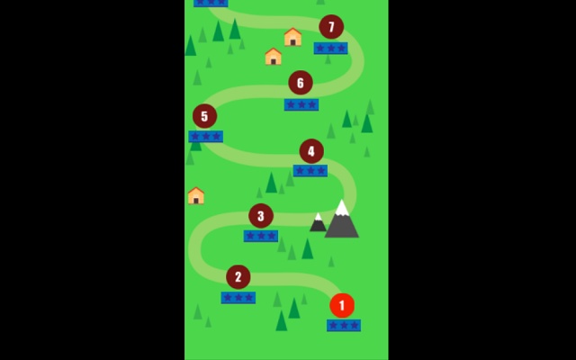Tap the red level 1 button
pyautogui.click(x=342, y=306)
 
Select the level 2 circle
pyautogui.click(x=238, y=277)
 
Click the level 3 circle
pyautogui.click(x=261, y=216)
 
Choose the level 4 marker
pyautogui.click(x=311, y=151)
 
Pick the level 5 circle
pyautogui.click(x=204, y=116)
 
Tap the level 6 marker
pyautogui.click(x=301, y=84)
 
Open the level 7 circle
pyautogui.click(x=331, y=27)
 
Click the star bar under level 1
pyautogui.click(x=344, y=325)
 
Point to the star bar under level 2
pyautogui.click(x=238, y=297)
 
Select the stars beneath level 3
pyautogui.click(x=261, y=236)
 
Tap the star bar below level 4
pyautogui.click(x=310, y=170)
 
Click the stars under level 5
pyautogui.click(x=206, y=137)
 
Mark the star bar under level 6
pyautogui.click(x=301, y=104)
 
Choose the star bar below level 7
pyautogui.click(x=330, y=48)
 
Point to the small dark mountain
pyautogui.click(x=318, y=223)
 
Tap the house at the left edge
pyautogui.click(x=196, y=195)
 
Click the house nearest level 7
pyautogui.click(x=292, y=37)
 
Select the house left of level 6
pyautogui.click(x=274, y=57)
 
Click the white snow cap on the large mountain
pyautogui.click(x=342, y=209)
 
